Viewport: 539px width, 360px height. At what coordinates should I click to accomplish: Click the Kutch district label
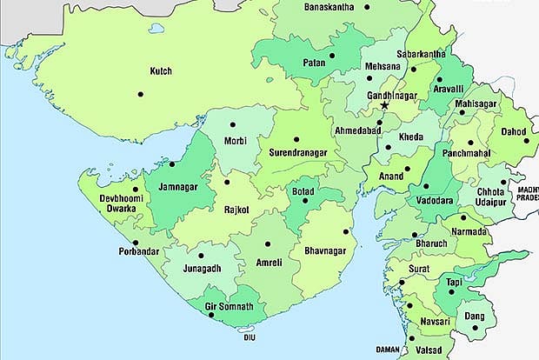coord(161,71)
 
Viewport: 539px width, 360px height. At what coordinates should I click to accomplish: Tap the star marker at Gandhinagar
coord(384,105)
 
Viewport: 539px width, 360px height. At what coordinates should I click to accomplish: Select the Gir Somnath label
coord(223,307)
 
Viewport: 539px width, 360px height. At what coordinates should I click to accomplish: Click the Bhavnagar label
coord(326,251)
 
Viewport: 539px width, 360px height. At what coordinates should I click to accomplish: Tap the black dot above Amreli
coord(268,244)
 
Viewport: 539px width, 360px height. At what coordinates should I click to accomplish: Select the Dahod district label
coord(514,132)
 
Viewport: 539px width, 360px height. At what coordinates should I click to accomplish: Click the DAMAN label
coord(387,350)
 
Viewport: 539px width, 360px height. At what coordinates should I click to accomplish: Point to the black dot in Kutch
coord(139,94)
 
